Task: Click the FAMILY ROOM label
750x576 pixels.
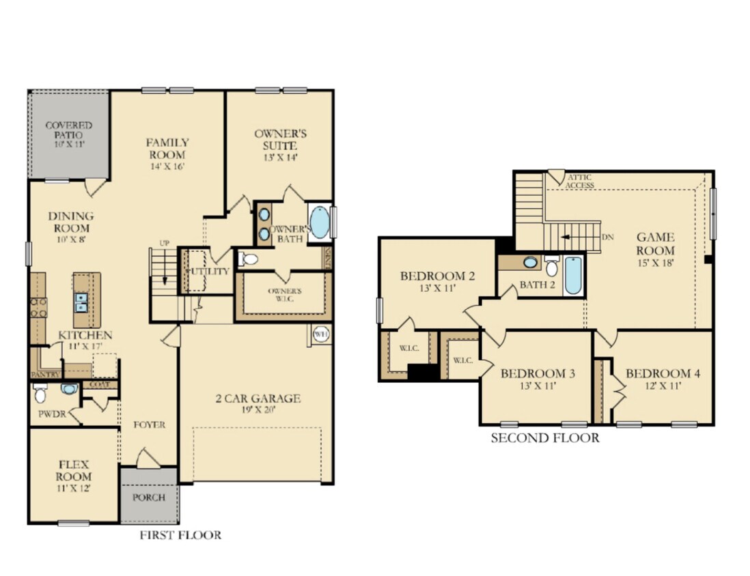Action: click(x=167, y=149)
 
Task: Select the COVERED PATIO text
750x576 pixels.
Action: click(x=68, y=130)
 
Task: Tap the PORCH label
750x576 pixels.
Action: click(x=149, y=497)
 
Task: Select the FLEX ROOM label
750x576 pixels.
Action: click(x=74, y=470)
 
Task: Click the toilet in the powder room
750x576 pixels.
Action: click(x=40, y=394)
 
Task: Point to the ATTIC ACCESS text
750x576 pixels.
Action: click(x=580, y=182)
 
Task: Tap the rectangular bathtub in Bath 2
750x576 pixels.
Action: click(x=573, y=275)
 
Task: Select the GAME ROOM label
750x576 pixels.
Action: click(x=656, y=244)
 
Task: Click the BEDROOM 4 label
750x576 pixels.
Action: click(x=663, y=373)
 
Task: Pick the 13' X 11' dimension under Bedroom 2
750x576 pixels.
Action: click(x=437, y=289)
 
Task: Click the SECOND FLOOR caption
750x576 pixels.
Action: click(x=544, y=437)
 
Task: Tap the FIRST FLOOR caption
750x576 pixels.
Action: click(x=180, y=535)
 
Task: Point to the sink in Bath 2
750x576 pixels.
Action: click(x=530, y=262)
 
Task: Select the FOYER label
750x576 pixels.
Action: click(x=149, y=424)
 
